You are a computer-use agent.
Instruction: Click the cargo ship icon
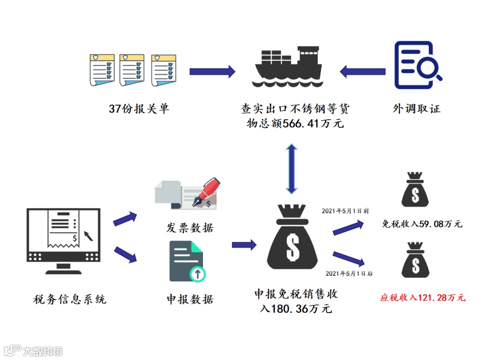[288, 66]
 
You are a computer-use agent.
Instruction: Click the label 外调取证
[417, 109]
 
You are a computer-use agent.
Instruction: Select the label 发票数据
[190, 228]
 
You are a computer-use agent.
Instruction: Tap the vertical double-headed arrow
[291, 169]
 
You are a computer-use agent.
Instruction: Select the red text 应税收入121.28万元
[423, 297]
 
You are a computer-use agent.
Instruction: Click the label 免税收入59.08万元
[422, 224]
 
